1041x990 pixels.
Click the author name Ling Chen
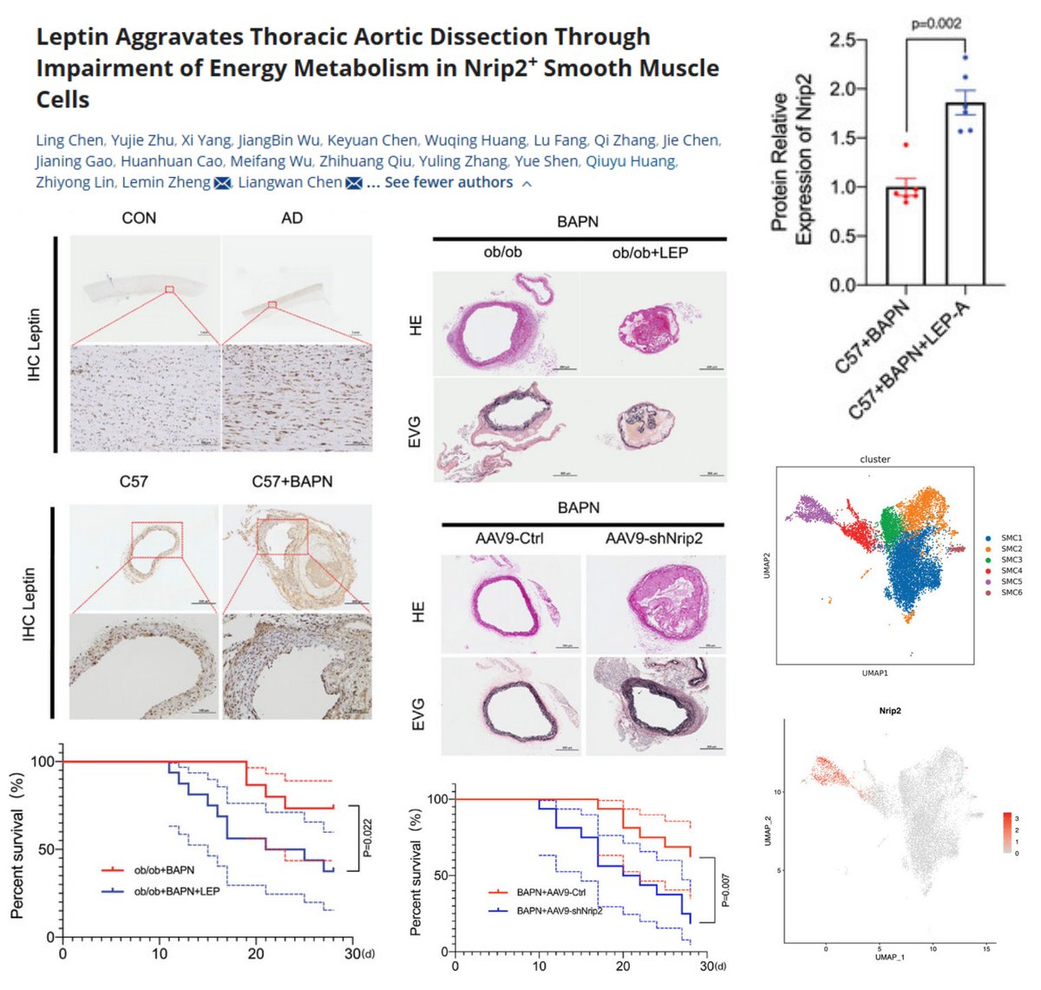pos(69,141)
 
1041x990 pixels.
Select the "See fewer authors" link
pos(448,183)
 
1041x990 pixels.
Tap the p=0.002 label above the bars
pos(936,23)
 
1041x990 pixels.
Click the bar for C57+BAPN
pos(906,236)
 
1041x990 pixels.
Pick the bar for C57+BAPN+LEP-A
pos(966,194)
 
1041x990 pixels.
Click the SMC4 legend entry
pos(1011,571)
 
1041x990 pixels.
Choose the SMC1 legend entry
pos(1011,538)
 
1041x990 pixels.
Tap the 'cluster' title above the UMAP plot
pos(874,459)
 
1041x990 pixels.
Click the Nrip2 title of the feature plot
pos(890,711)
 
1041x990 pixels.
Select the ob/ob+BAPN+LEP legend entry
pos(176,891)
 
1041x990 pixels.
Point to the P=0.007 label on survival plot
pos(725,889)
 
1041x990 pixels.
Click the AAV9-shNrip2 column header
pos(654,539)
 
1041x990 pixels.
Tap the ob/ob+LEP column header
pos(650,252)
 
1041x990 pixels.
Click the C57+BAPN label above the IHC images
pos(292,482)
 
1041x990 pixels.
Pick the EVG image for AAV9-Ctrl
pos(511,706)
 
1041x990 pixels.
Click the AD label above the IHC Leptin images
pos(292,218)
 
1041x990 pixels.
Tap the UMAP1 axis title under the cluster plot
pos(874,672)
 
